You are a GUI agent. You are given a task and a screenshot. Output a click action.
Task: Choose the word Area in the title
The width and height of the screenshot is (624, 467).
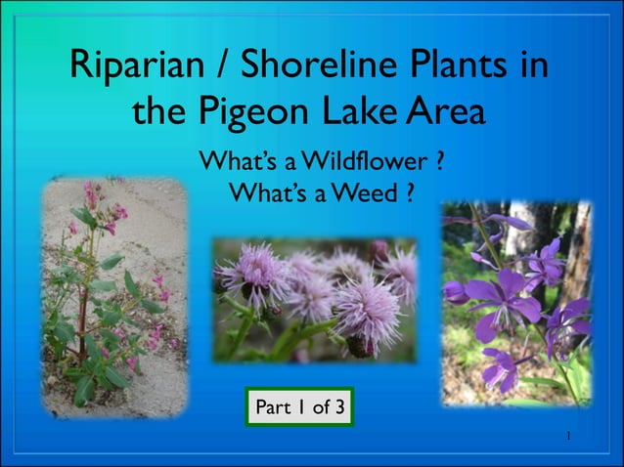446,112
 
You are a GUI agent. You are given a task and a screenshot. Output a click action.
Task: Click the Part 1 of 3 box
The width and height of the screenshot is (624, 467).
298,406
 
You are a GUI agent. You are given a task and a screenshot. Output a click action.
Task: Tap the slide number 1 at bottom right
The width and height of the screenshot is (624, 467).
567,433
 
